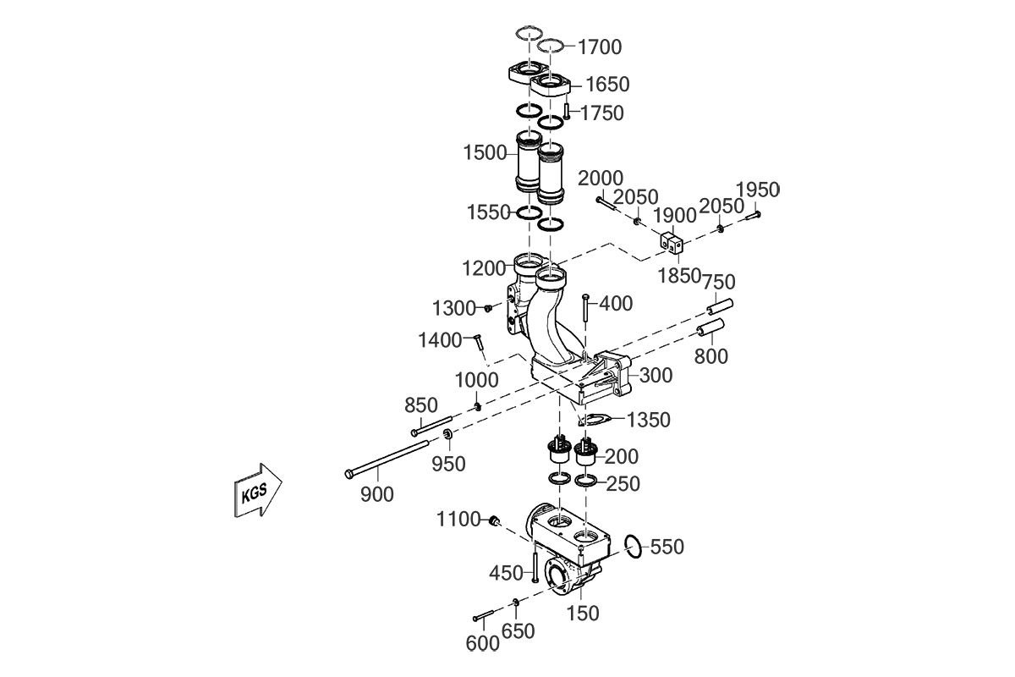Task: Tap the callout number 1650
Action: pos(607,85)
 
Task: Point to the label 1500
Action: pos(485,153)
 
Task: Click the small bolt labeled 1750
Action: pos(568,112)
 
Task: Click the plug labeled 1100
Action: pos(495,520)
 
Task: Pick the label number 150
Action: pos(583,613)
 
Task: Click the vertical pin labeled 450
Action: pos(535,565)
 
